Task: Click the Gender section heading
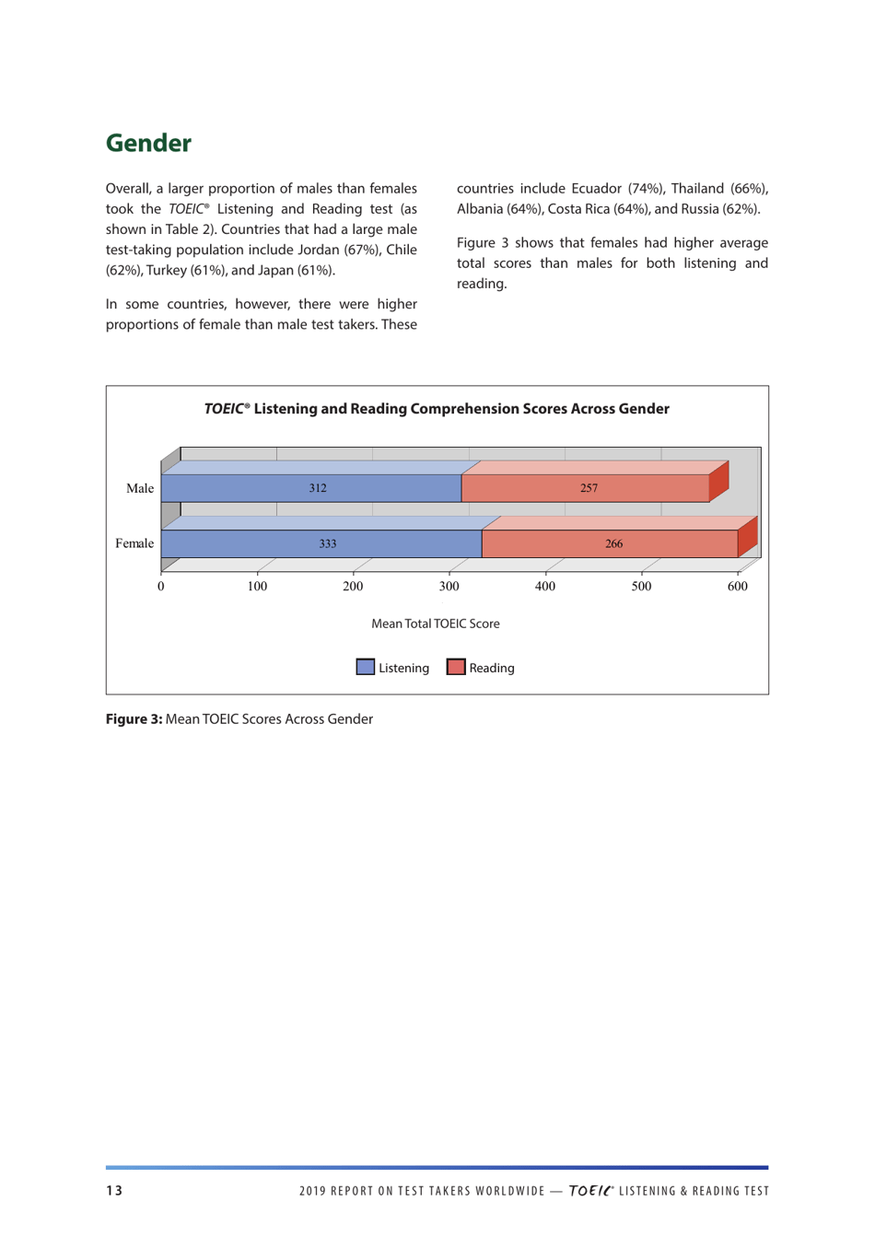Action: (148, 144)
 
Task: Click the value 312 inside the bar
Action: (318, 488)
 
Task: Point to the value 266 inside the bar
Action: (613, 543)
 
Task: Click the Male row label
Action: (140, 488)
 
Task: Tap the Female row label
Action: (134, 543)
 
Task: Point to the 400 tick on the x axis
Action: (545, 587)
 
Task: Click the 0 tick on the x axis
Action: (161, 587)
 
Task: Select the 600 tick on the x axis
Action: (737, 587)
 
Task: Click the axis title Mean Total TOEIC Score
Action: (436, 624)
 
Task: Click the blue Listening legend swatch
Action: (366, 668)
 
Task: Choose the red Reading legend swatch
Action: (456, 668)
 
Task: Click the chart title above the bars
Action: (437, 409)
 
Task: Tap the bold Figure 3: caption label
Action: (134, 719)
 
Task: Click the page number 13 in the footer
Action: (114, 1191)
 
